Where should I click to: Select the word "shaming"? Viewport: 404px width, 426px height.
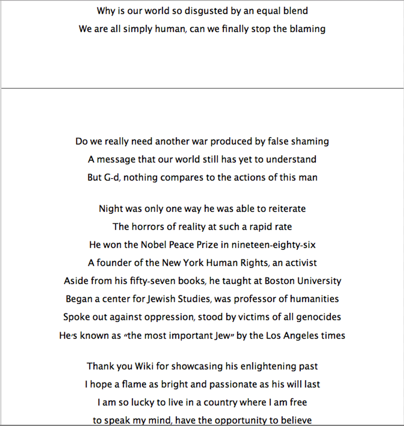pyautogui.click(x=310, y=141)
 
